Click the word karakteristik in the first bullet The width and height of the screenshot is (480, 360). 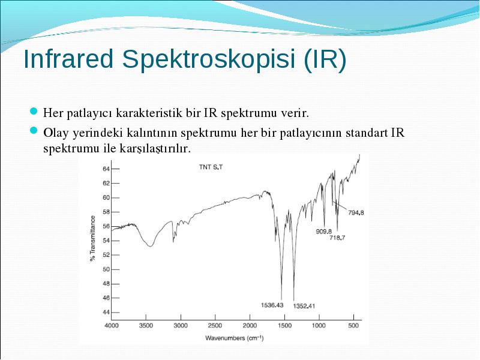tap(149, 113)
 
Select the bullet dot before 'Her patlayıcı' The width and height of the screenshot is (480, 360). tap(34, 111)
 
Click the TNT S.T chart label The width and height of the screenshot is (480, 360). tap(211, 167)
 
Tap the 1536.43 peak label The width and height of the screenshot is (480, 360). tap(272, 305)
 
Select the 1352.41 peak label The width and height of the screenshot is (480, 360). tap(304, 306)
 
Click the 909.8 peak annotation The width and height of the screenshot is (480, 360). tap(324, 232)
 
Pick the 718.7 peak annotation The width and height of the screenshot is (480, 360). tap(337, 238)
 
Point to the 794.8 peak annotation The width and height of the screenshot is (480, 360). tap(356, 212)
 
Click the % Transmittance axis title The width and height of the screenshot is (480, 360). tap(92, 238)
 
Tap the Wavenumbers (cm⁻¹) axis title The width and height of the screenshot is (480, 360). tap(234, 338)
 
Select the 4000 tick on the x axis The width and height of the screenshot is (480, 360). tap(112, 325)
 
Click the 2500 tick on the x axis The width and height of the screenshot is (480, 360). tap(215, 325)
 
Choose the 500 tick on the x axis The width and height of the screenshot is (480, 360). tap(353, 325)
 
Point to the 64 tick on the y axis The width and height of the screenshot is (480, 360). tap(106, 169)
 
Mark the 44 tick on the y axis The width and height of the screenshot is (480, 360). tap(106, 312)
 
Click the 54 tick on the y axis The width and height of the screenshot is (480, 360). tap(106, 241)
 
